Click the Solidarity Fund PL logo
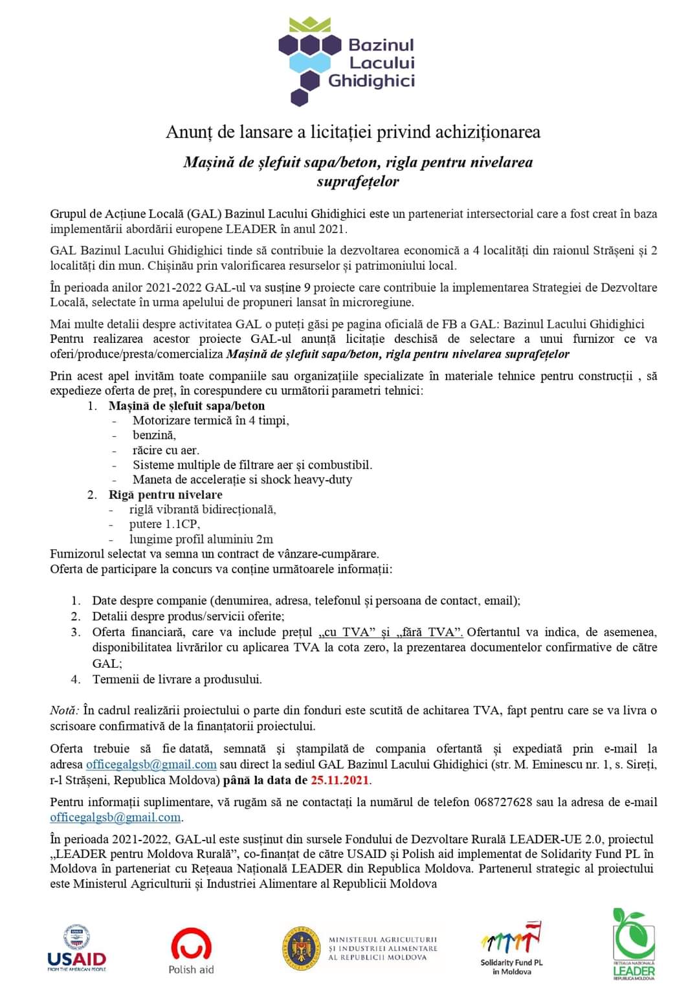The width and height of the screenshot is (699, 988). coord(511,947)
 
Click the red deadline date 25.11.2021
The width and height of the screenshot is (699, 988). coord(340,780)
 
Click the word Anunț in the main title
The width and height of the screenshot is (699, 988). coord(189,132)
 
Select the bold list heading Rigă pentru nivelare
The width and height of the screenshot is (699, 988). coord(165,494)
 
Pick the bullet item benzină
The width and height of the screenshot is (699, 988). coord(154,435)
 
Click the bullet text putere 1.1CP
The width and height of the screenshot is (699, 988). coord(164,524)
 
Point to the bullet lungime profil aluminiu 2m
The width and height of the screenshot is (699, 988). coord(201,539)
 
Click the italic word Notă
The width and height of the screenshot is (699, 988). coord(64,710)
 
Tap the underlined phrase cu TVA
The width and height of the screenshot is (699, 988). coord(346,632)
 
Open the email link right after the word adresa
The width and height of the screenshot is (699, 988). coord(151,764)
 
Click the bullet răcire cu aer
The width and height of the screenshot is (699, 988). coord(166,450)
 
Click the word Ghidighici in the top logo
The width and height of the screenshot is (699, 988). coord(372,81)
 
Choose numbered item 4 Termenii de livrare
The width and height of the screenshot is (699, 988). coord(177,679)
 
